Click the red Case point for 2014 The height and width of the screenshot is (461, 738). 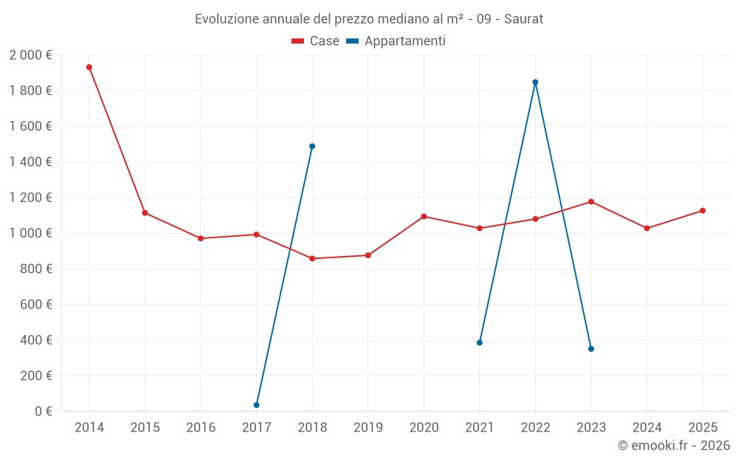[89, 67]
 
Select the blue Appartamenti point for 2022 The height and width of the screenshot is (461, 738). [535, 82]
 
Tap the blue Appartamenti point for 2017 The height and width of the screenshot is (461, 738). [256, 405]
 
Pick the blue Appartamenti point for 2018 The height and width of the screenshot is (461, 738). [312, 146]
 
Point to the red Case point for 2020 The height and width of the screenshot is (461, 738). [424, 216]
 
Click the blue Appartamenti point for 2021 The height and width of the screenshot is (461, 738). [480, 342]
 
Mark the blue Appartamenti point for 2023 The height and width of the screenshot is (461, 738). [591, 349]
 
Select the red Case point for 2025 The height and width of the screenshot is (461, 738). [703, 211]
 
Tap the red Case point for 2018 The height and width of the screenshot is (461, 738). [312, 258]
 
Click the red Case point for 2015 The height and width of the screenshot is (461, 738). [145, 213]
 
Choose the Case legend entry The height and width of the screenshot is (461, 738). [315, 41]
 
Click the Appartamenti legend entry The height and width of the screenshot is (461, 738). [396, 41]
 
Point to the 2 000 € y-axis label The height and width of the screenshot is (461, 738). [30, 55]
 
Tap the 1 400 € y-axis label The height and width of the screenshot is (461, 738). [30, 162]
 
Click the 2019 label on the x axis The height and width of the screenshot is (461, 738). [368, 428]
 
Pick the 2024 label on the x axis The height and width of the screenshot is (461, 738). [647, 428]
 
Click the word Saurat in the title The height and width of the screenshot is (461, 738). [524, 19]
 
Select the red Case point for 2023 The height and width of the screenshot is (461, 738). [591, 201]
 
